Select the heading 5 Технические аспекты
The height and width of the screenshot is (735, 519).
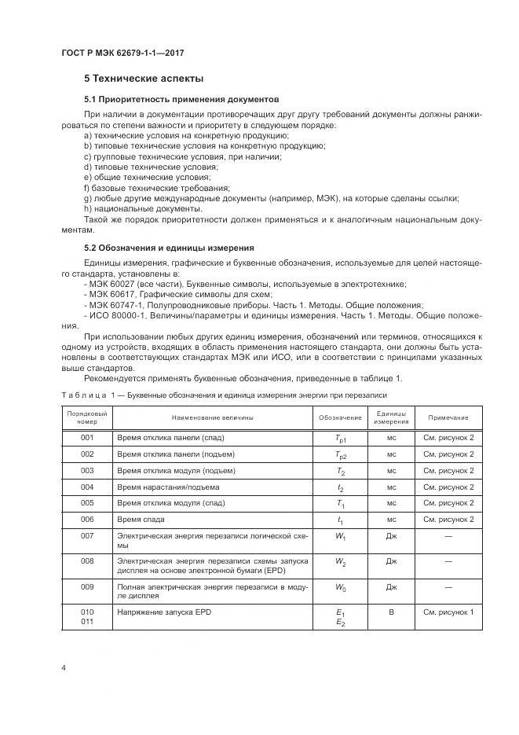(x=144, y=79)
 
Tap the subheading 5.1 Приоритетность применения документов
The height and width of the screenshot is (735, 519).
(x=181, y=101)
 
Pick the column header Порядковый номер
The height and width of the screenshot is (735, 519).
(x=86, y=417)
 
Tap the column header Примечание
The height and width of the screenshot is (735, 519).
(x=448, y=417)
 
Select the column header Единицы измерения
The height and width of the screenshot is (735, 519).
(x=391, y=417)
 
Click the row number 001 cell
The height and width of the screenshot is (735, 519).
(x=86, y=436)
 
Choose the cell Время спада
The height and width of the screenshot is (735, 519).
(x=141, y=520)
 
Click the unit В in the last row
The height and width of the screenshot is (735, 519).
(x=391, y=612)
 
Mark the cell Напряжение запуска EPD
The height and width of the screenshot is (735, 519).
(x=165, y=612)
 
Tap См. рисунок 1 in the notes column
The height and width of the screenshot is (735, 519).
(x=448, y=612)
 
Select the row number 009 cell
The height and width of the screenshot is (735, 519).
(x=86, y=586)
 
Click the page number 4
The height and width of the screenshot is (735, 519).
(x=63, y=667)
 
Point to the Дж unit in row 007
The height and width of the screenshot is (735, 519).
(x=391, y=536)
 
